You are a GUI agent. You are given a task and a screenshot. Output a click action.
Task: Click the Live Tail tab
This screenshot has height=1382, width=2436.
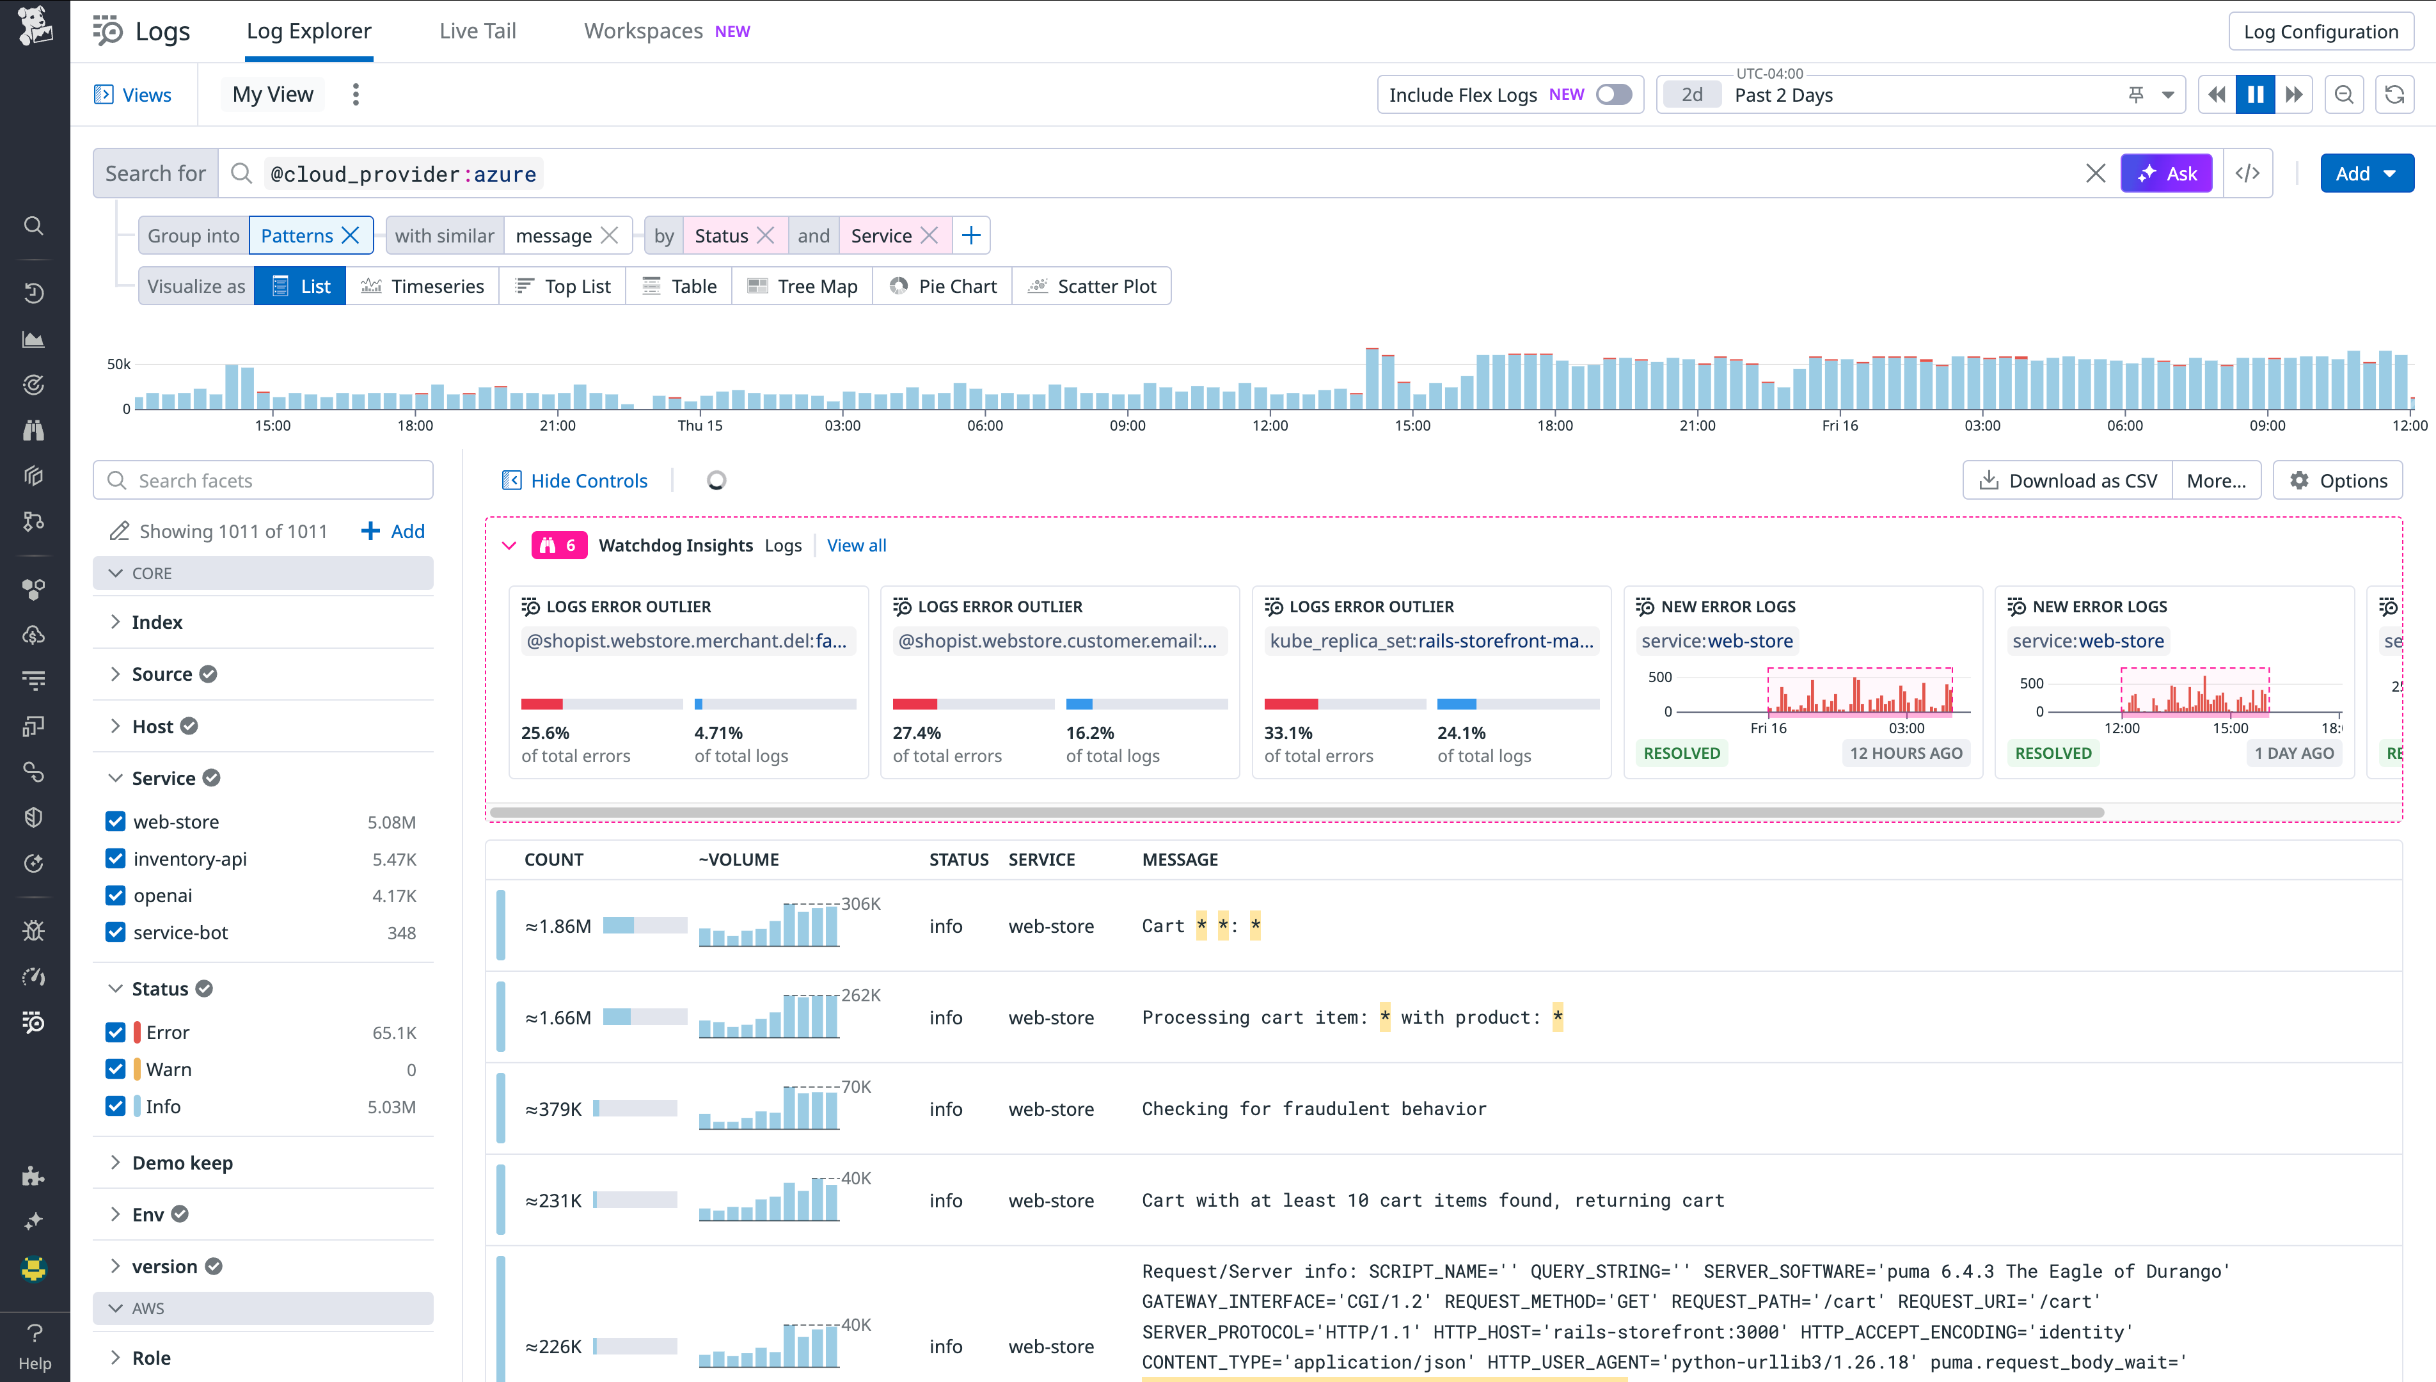[x=477, y=31]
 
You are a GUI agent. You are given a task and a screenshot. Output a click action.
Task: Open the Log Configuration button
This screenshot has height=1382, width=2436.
[x=2320, y=31]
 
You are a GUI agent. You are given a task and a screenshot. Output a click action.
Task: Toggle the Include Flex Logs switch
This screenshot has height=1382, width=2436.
[x=1613, y=95]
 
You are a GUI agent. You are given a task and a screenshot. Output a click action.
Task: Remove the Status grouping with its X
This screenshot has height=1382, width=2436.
[x=766, y=235]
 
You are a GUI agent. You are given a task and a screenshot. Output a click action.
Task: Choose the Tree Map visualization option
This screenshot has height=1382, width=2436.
[x=802, y=287]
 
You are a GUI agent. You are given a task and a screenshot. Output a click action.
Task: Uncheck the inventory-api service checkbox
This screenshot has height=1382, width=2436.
[x=116, y=859]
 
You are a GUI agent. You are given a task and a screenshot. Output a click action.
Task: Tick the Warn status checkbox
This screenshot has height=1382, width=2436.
[x=116, y=1070]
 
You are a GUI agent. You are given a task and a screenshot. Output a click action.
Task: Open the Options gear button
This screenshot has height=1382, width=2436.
[x=2337, y=481]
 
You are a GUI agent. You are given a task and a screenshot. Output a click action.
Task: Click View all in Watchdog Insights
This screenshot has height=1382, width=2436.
[x=856, y=546]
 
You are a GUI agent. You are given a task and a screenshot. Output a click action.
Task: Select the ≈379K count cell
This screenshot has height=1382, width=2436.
[x=553, y=1109]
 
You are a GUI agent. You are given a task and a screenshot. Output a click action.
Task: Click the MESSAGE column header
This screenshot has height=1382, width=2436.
[x=1180, y=860]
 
